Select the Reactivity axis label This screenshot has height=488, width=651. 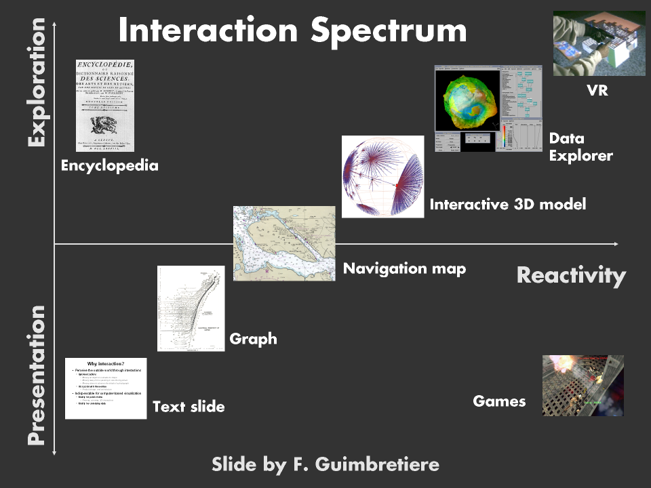(x=570, y=275)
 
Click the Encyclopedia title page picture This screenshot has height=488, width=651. (x=105, y=105)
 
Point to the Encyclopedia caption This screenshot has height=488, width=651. (x=109, y=165)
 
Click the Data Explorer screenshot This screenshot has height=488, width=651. (x=488, y=108)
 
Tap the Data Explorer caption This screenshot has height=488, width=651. (x=580, y=147)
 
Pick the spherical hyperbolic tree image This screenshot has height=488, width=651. (x=382, y=176)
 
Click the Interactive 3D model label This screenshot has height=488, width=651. (x=508, y=204)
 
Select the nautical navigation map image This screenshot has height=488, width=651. (x=283, y=243)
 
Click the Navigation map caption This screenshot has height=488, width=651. (x=404, y=268)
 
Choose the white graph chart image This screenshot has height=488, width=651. (x=191, y=308)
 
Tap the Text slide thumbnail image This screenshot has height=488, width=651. (x=106, y=388)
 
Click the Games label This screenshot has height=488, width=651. (x=499, y=401)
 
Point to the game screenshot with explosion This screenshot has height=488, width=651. (x=583, y=385)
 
